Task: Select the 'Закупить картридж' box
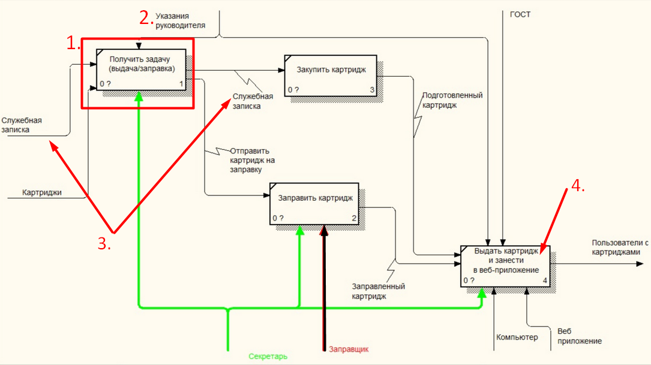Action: (331, 76)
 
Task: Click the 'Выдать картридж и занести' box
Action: (505, 266)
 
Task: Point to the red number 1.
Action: (73, 43)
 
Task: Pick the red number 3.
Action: (106, 242)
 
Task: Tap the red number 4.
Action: (577, 186)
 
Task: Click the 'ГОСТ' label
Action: (520, 14)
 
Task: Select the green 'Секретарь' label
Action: (268, 356)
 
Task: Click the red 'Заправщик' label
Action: (349, 349)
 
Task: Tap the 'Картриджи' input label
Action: (42, 193)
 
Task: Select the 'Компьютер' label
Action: (517, 337)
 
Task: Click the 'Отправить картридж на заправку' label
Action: (252, 160)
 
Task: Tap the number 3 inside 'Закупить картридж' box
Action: (372, 91)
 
